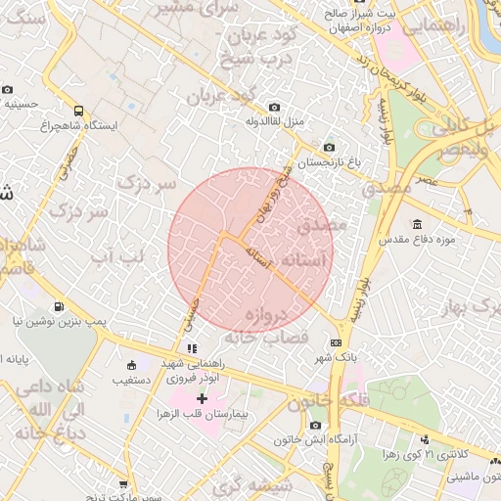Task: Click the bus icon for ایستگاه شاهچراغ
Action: coord(78,111)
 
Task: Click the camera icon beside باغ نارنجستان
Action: coord(328,147)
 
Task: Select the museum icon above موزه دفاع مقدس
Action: coord(418,224)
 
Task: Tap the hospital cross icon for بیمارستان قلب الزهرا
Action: coord(203,398)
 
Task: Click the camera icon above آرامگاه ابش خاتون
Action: coord(314,425)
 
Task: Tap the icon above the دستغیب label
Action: coord(132,365)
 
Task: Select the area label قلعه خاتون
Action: coord(328,401)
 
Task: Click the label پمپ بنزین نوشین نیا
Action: coord(60,320)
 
